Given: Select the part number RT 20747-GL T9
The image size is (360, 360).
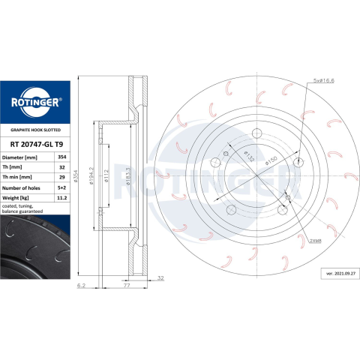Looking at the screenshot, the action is [x=37, y=144].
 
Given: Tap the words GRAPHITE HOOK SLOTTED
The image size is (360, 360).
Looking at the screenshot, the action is [x=35, y=130].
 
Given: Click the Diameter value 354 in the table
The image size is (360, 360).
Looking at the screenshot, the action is [x=62, y=157].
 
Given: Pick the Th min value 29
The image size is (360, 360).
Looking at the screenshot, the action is [x=62, y=177].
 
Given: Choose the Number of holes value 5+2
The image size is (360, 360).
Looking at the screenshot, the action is [x=62, y=187].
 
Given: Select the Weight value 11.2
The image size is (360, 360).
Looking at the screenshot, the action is [x=62, y=198].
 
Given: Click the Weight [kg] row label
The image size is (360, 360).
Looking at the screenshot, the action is [x=16, y=198].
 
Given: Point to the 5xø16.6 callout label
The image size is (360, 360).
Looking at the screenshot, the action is [x=324, y=80].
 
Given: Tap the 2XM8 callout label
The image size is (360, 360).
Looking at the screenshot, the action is [x=316, y=241].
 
